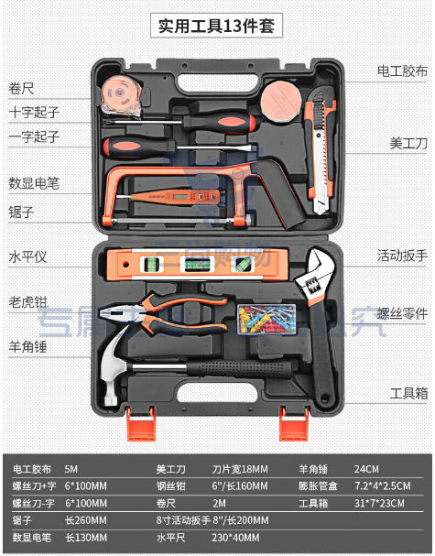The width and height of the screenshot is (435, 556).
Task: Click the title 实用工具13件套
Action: tap(216, 26)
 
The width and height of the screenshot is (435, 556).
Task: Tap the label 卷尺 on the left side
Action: tap(21, 88)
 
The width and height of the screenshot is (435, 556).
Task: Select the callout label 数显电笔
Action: tap(34, 183)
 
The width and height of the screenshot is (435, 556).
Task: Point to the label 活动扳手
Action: tap(402, 256)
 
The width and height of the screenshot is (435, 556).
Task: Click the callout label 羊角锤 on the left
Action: tap(27, 346)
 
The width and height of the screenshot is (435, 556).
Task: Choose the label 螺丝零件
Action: tap(402, 314)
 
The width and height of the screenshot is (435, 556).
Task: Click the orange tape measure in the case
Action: tap(121, 94)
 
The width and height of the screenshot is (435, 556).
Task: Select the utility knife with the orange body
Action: tap(321, 152)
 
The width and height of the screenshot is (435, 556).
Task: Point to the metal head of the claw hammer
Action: tap(113, 367)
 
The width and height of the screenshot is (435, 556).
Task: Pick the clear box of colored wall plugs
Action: tap(266, 319)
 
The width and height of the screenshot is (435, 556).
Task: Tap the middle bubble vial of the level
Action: tap(197, 264)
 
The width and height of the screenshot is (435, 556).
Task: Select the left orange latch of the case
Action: tap(141, 424)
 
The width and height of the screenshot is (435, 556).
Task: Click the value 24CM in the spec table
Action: tap(366, 469)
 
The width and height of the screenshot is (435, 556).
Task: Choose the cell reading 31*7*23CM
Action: tap(379, 503)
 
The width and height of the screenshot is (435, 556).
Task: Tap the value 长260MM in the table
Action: tap(85, 520)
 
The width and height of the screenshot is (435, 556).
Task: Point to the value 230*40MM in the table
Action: tap(235, 537)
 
